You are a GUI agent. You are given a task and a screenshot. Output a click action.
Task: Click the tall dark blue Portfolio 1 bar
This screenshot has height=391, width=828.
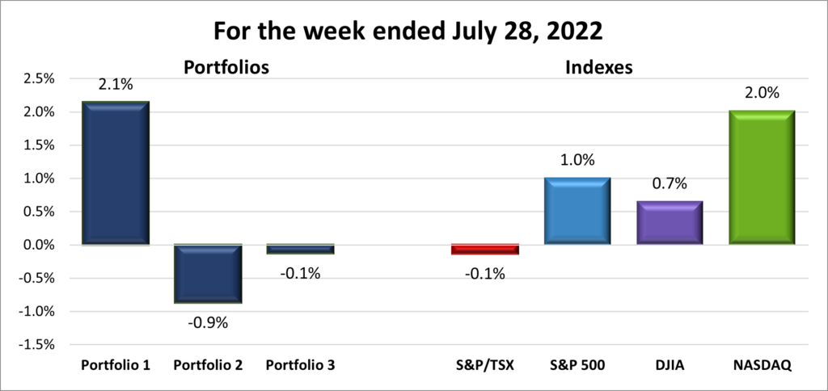point(116,173)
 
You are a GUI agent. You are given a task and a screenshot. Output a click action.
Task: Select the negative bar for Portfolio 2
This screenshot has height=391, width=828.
point(208,274)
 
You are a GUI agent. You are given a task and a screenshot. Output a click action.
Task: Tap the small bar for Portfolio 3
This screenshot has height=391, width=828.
point(300,249)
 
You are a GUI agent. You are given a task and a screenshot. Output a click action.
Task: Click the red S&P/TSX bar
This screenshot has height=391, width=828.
point(484,249)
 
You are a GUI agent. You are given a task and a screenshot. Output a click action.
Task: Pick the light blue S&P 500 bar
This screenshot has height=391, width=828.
point(577,211)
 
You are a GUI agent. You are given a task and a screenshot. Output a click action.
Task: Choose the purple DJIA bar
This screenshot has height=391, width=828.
point(669,222)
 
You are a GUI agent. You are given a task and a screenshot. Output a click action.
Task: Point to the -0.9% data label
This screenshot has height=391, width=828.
point(208,322)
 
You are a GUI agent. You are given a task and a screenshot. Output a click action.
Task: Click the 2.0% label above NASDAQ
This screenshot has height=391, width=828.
point(761,93)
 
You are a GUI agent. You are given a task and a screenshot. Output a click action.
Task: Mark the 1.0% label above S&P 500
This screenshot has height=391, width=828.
point(577,160)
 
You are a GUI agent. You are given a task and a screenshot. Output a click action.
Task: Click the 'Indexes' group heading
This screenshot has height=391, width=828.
point(598,69)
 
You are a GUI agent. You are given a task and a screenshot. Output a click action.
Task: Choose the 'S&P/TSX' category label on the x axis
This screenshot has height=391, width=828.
point(484,366)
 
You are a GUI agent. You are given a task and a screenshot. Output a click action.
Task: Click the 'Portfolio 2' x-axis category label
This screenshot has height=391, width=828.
point(208,366)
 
